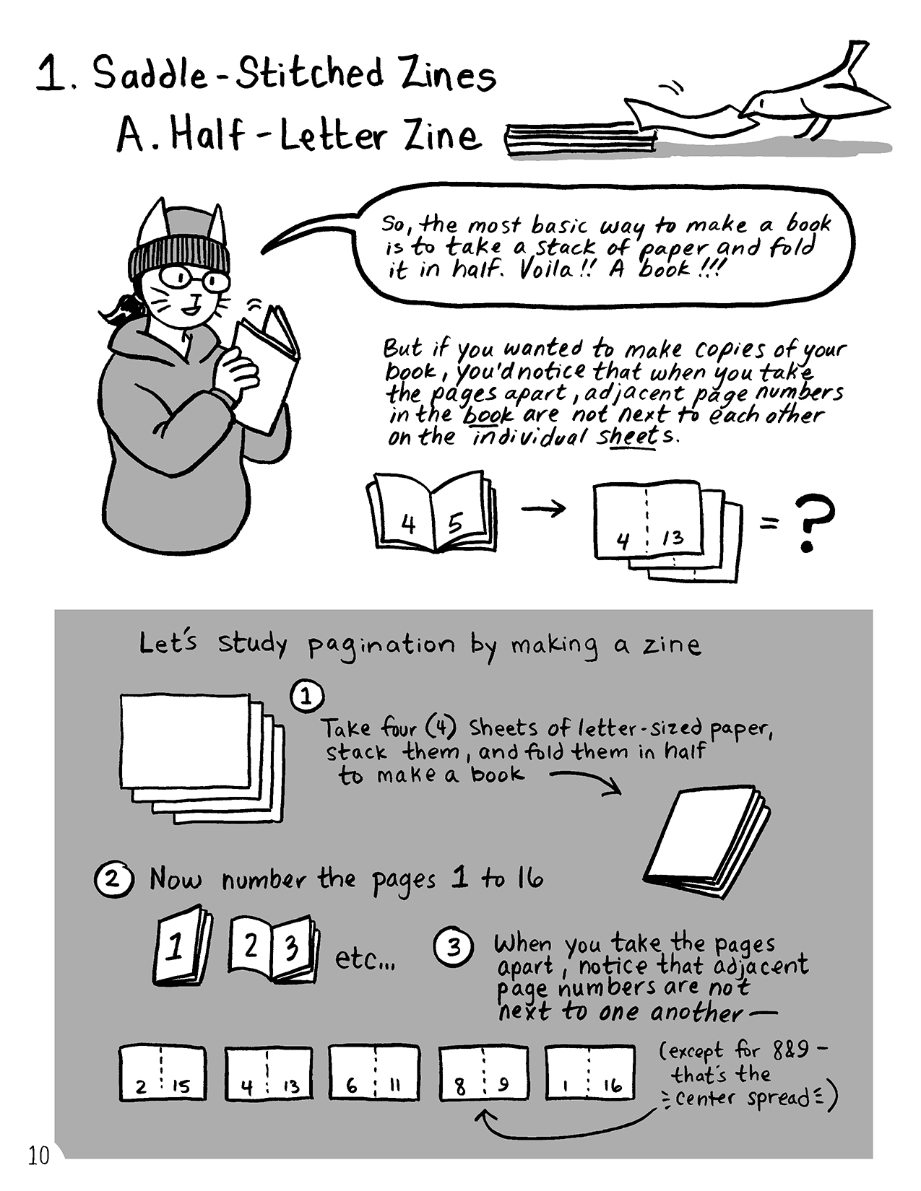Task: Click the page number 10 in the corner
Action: point(38,1156)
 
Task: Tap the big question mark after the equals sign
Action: point(813,523)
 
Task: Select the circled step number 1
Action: point(306,697)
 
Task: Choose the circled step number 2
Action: point(113,880)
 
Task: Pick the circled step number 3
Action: point(453,948)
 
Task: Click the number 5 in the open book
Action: point(455,523)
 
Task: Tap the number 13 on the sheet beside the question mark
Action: point(673,538)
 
